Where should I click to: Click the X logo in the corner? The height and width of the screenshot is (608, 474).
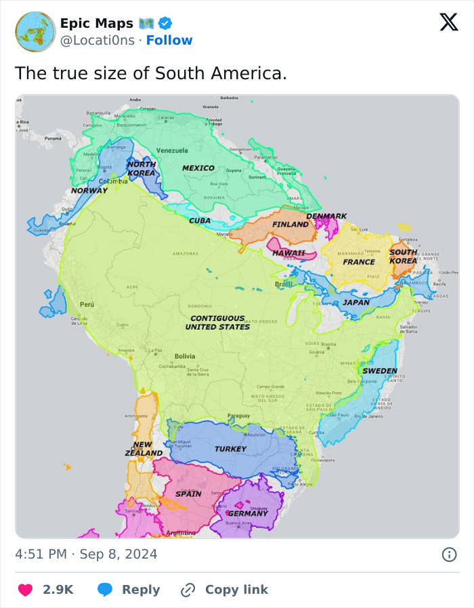click(448, 22)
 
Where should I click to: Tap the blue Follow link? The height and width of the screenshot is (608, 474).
click(169, 41)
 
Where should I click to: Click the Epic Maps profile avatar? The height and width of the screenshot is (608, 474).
click(35, 32)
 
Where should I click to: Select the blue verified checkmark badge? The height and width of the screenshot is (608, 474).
click(165, 24)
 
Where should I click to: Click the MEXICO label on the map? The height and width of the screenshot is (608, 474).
click(198, 168)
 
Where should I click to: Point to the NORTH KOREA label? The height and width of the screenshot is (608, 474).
click(142, 169)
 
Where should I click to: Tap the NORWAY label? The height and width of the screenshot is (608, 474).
click(89, 190)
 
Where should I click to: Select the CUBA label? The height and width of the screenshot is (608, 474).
click(199, 221)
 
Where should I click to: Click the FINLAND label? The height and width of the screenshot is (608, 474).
click(290, 224)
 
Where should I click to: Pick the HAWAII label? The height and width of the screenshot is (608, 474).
click(288, 253)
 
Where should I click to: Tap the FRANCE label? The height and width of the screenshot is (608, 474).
click(358, 262)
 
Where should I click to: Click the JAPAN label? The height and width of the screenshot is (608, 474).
click(355, 303)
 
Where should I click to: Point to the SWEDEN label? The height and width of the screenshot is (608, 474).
click(380, 371)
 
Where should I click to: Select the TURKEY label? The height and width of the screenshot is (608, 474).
click(230, 449)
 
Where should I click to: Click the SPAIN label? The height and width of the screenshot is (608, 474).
click(188, 494)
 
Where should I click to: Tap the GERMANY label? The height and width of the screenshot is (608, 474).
click(247, 513)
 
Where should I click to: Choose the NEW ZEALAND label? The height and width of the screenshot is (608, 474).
click(143, 449)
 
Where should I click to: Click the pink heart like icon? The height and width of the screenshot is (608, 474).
click(25, 590)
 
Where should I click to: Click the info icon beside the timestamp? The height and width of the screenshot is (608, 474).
click(448, 555)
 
